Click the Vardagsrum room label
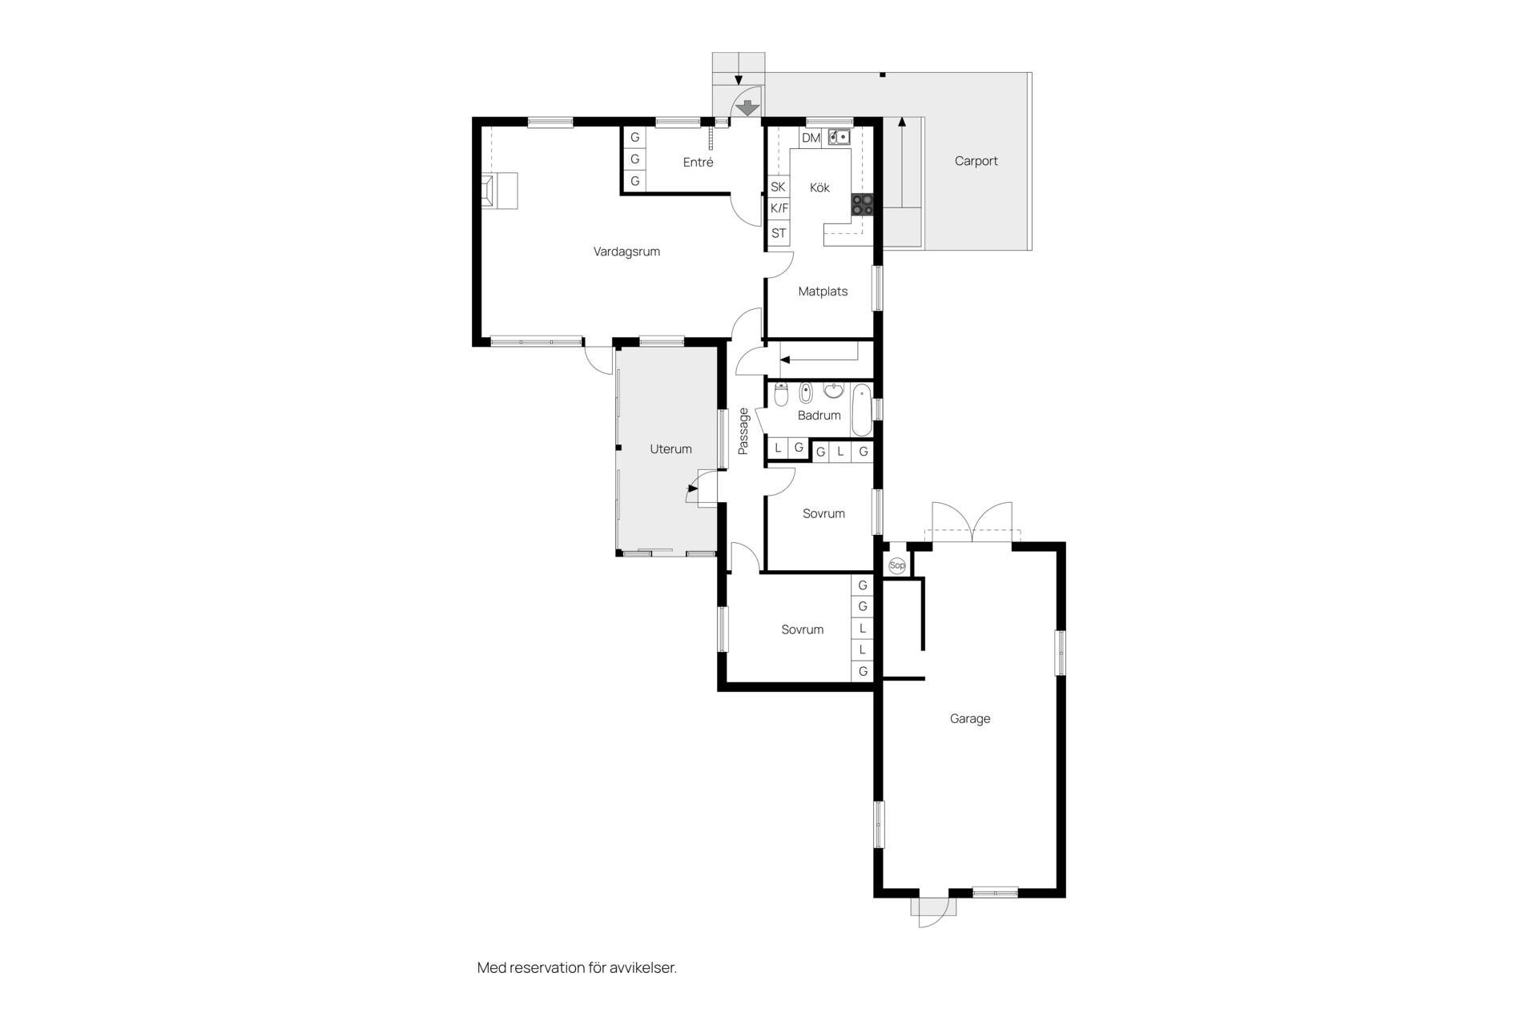[x=626, y=251]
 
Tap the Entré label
[x=698, y=162]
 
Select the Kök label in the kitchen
[x=819, y=187]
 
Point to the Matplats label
[x=823, y=291]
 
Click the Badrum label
[x=819, y=416]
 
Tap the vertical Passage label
[x=743, y=431]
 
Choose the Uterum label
[x=670, y=449]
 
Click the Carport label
[x=976, y=161]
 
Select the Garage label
[x=970, y=719]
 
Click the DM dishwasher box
[x=811, y=138]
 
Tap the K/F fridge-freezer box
[x=779, y=208]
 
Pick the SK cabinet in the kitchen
[x=779, y=187]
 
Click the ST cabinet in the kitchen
[x=779, y=234]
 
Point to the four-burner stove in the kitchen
[x=862, y=204]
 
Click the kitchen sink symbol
[x=839, y=137]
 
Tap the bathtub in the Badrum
[x=862, y=410]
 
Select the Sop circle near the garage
[x=897, y=565]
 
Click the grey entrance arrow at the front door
[x=747, y=107]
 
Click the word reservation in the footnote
[x=546, y=968]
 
